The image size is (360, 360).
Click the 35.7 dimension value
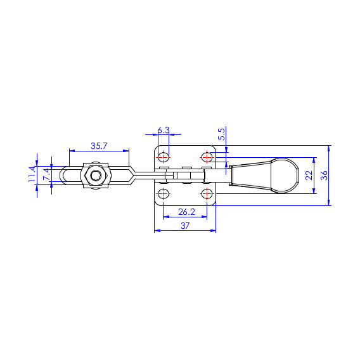pyautogui.click(x=99, y=146)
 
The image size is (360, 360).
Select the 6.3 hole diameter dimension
pyautogui.click(x=164, y=130)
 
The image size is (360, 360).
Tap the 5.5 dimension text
pyautogui.click(x=222, y=134)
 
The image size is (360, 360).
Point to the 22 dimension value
pyautogui.click(x=309, y=176)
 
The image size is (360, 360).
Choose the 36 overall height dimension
pyautogui.click(x=324, y=176)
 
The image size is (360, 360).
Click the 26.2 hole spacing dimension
pyautogui.click(x=186, y=212)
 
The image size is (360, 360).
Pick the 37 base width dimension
pyautogui.click(x=185, y=226)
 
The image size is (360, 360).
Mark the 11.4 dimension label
pyautogui.click(x=32, y=174)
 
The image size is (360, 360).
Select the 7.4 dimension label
pyautogui.click(x=47, y=174)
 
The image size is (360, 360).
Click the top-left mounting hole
pyautogui.click(x=164, y=157)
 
